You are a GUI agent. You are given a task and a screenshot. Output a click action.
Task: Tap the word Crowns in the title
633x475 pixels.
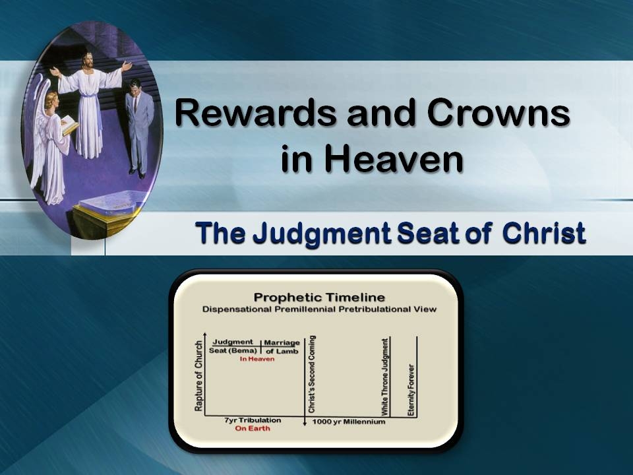pyautogui.click(x=498, y=113)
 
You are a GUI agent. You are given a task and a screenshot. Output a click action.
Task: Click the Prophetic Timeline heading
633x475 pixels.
pyautogui.click(x=319, y=298)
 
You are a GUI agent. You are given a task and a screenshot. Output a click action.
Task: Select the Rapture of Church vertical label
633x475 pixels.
pyautogui.click(x=198, y=375)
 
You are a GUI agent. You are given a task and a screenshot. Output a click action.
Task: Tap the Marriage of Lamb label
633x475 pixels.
pyautogui.click(x=282, y=346)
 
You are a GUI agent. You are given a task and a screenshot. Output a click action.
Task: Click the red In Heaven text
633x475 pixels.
pyautogui.click(x=252, y=359)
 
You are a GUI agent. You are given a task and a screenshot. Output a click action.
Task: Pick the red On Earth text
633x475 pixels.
pyautogui.click(x=253, y=429)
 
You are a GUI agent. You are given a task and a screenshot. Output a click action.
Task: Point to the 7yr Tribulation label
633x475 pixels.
pyautogui.click(x=253, y=420)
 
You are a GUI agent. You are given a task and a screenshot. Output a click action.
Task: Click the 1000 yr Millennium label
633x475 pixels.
pyautogui.click(x=348, y=422)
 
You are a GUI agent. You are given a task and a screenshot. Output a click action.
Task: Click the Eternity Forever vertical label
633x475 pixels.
pyautogui.click(x=411, y=389)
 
